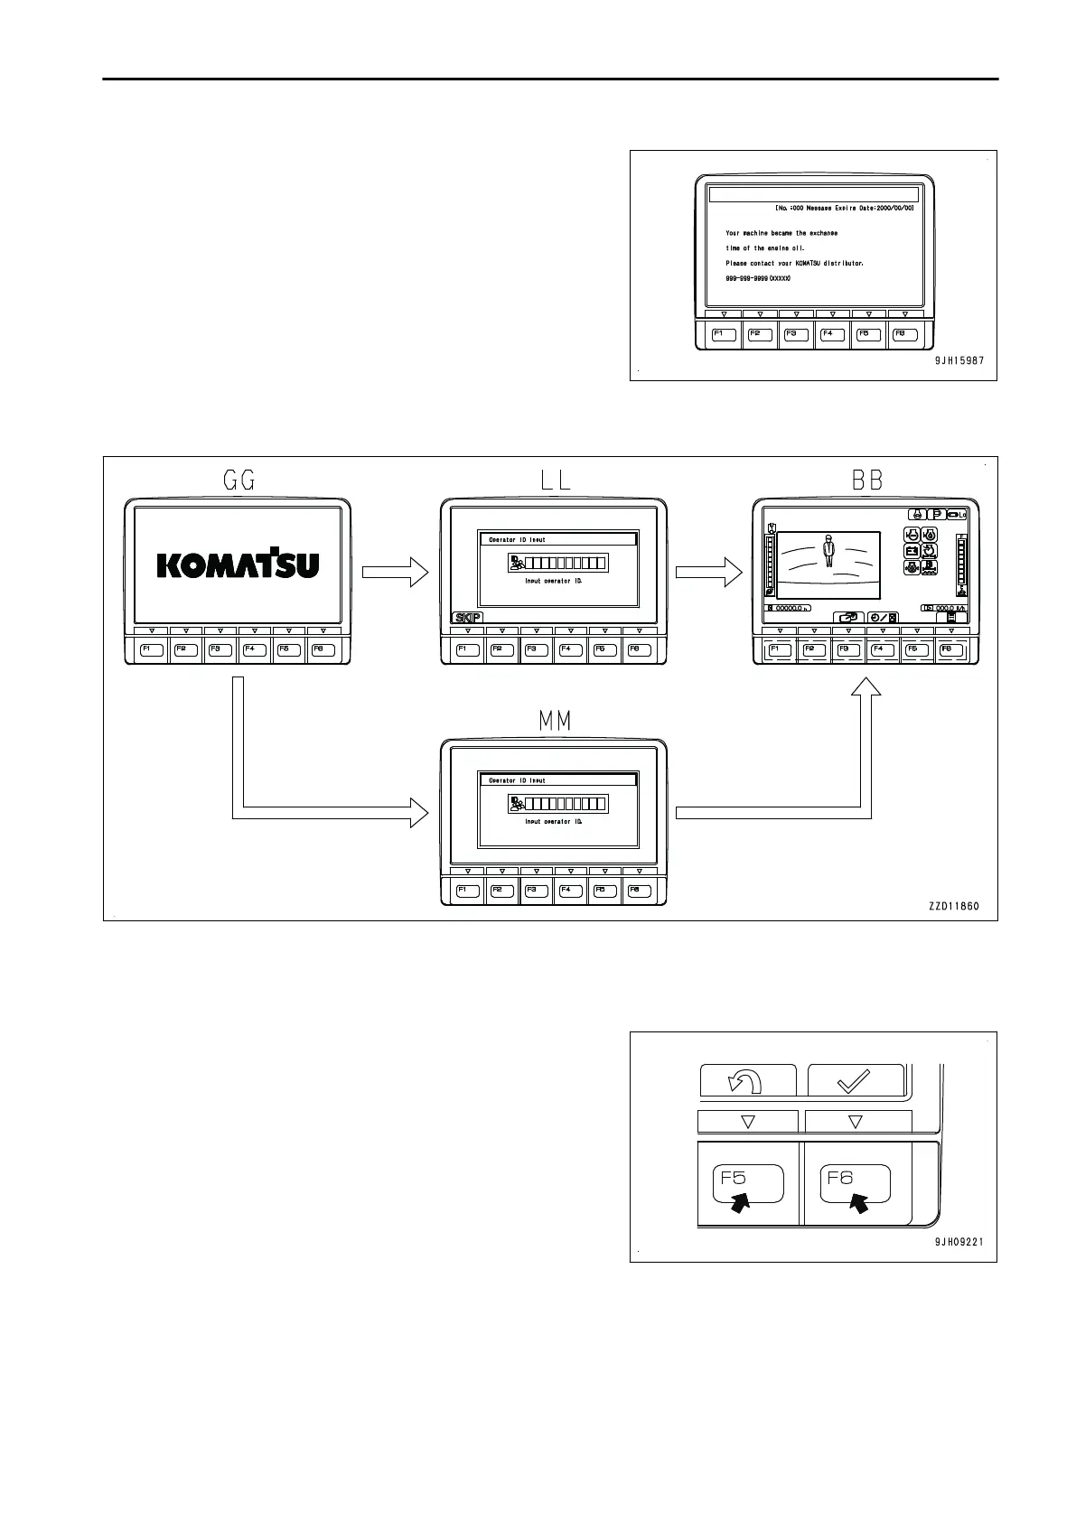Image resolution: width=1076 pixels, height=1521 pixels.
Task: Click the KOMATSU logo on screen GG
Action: pyautogui.click(x=239, y=565)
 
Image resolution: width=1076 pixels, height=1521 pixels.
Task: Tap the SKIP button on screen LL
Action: pyautogui.click(x=467, y=617)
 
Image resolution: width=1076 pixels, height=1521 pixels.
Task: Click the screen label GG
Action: pyautogui.click(x=239, y=481)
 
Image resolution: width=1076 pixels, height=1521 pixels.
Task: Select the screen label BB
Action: pyautogui.click(x=867, y=481)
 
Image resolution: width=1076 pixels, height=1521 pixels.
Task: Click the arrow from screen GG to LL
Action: pyautogui.click(x=394, y=571)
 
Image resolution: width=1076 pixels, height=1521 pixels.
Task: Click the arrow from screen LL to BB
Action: pyautogui.click(x=707, y=571)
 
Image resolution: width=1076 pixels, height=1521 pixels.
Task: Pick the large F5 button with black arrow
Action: pyautogui.click(x=749, y=1185)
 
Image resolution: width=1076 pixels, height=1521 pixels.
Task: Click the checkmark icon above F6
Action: pyautogui.click(x=855, y=1080)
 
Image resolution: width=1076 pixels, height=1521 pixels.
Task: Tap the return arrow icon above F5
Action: pyautogui.click(x=747, y=1080)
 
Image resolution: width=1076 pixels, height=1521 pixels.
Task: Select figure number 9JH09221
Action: pyautogui.click(x=959, y=1242)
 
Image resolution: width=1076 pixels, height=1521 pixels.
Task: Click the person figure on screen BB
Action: pyautogui.click(x=828, y=549)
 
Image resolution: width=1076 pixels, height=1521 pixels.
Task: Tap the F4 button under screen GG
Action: pyautogui.click(x=254, y=649)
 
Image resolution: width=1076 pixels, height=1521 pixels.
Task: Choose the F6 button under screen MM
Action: pyautogui.click(x=639, y=891)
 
